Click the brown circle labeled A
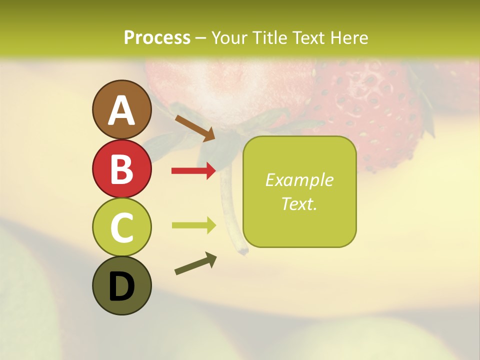121,109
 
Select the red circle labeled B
121,168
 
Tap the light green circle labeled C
121,227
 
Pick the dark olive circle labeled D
121,286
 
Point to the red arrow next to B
194,171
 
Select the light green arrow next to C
194,225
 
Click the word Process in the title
157,37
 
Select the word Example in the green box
299,180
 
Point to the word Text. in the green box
299,203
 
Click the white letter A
121,110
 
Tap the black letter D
121,286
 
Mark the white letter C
121,228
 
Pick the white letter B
121,169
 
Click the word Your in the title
230,37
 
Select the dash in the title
200,38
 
